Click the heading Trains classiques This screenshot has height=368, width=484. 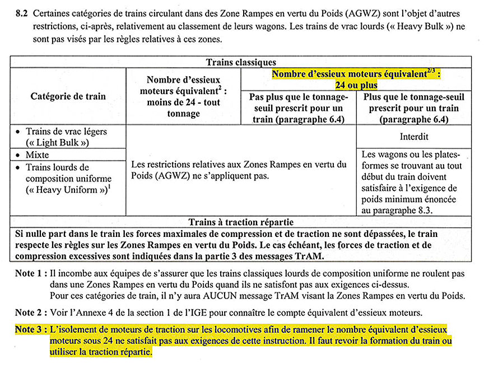coord(241,62)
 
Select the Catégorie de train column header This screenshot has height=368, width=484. coord(68,96)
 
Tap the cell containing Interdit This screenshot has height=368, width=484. coord(414,136)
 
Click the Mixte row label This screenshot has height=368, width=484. coord(37,155)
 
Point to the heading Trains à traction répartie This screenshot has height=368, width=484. coord(240,222)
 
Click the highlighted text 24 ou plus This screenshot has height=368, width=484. coord(356,85)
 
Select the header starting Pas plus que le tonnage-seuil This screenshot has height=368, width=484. coord(298,108)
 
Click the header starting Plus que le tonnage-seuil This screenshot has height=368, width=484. coord(414,108)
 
